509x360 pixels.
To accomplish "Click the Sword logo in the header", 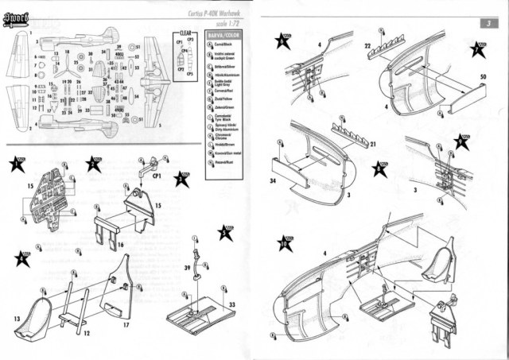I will point(15,14).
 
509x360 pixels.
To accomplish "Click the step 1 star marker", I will point(16,166).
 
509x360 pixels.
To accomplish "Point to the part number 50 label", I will point(483,76).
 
